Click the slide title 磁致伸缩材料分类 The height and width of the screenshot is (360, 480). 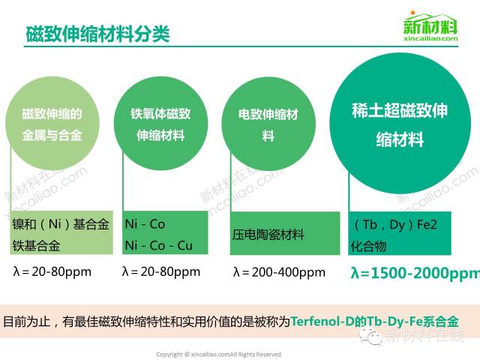pyautogui.click(x=97, y=34)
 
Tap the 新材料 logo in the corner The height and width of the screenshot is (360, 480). pyautogui.click(x=430, y=26)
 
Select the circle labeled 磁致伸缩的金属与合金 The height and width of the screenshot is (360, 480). pyautogui.click(x=52, y=123)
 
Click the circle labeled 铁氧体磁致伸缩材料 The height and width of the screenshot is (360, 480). pyautogui.click(x=160, y=123)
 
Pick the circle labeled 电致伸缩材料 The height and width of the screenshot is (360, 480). pyautogui.click(x=268, y=124)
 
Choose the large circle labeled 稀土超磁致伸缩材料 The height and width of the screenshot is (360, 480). pyautogui.click(x=400, y=123)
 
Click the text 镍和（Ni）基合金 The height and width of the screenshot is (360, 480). pyautogui.click(x=61, y=224)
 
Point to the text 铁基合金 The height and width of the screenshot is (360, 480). pyautogui.click(x=36, y=246)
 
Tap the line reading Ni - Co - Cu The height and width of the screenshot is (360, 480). pyautogui.click(x=158, y=245)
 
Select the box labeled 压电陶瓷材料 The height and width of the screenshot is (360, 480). pyautogui.click(x=285, y=233)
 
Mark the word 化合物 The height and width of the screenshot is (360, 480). pyautogui.click(x=368, y=246)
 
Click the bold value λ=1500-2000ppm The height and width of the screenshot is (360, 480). pyautogui.click(x=415, y=273)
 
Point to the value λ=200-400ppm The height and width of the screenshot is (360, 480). pyautogui.click(x=279, y=272)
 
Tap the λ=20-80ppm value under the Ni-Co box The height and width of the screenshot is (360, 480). pyautogui.click(x=161, y=271)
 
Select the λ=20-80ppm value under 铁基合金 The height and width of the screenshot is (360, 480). pyautogui.click(x=52, y=271)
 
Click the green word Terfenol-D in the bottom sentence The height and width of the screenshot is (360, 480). pyautogui.click(x=322, y=321)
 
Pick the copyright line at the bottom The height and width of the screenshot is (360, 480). pyautogui.click(x=218, y=355)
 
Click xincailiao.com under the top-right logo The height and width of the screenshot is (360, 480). pyautogui.click(x=430, y=38)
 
